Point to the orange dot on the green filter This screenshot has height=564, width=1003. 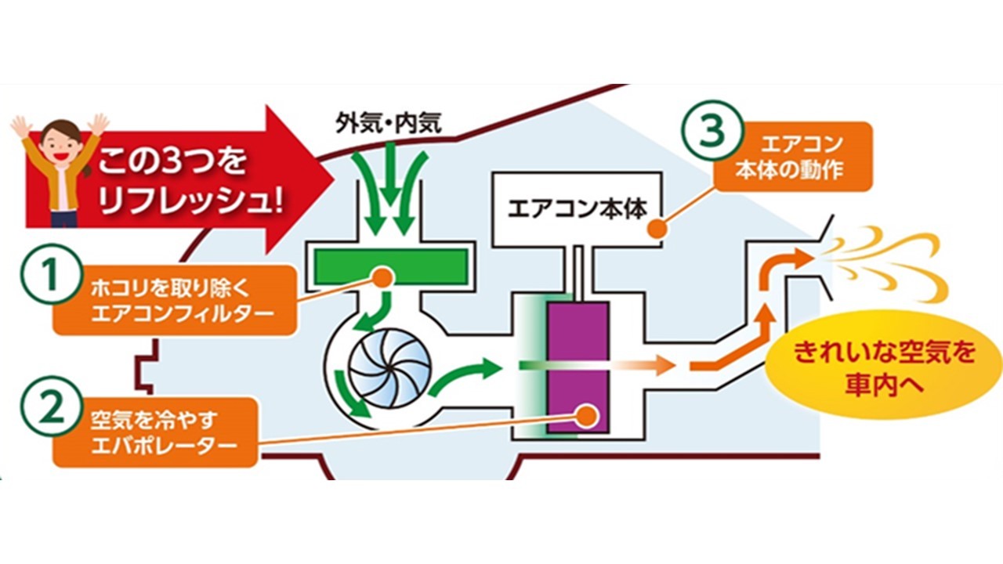382,276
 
